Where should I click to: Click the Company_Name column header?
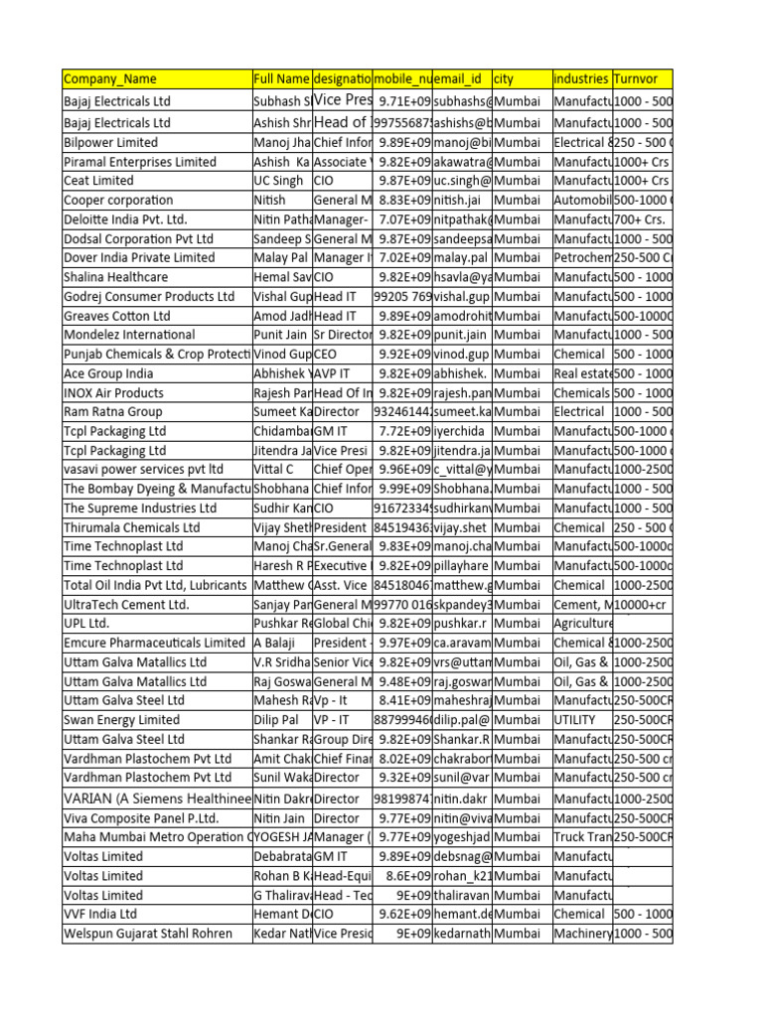pyautogui.click(x=156, y=78)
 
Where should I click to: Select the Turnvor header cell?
pyautogui.click(x=642, y=78)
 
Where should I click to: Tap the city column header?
pyautogui.click(x=521, y=78)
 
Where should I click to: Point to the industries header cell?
pyautogui.click(x=581, y=78)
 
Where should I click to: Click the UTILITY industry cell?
pyautogui.click(x=581, y=719)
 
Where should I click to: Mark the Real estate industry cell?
pyautogui.click(x=581, y=373)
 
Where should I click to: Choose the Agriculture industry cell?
pyautogui.click(x=581, y=624)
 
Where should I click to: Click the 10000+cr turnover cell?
pyautogui.click(x=642, y=604)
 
